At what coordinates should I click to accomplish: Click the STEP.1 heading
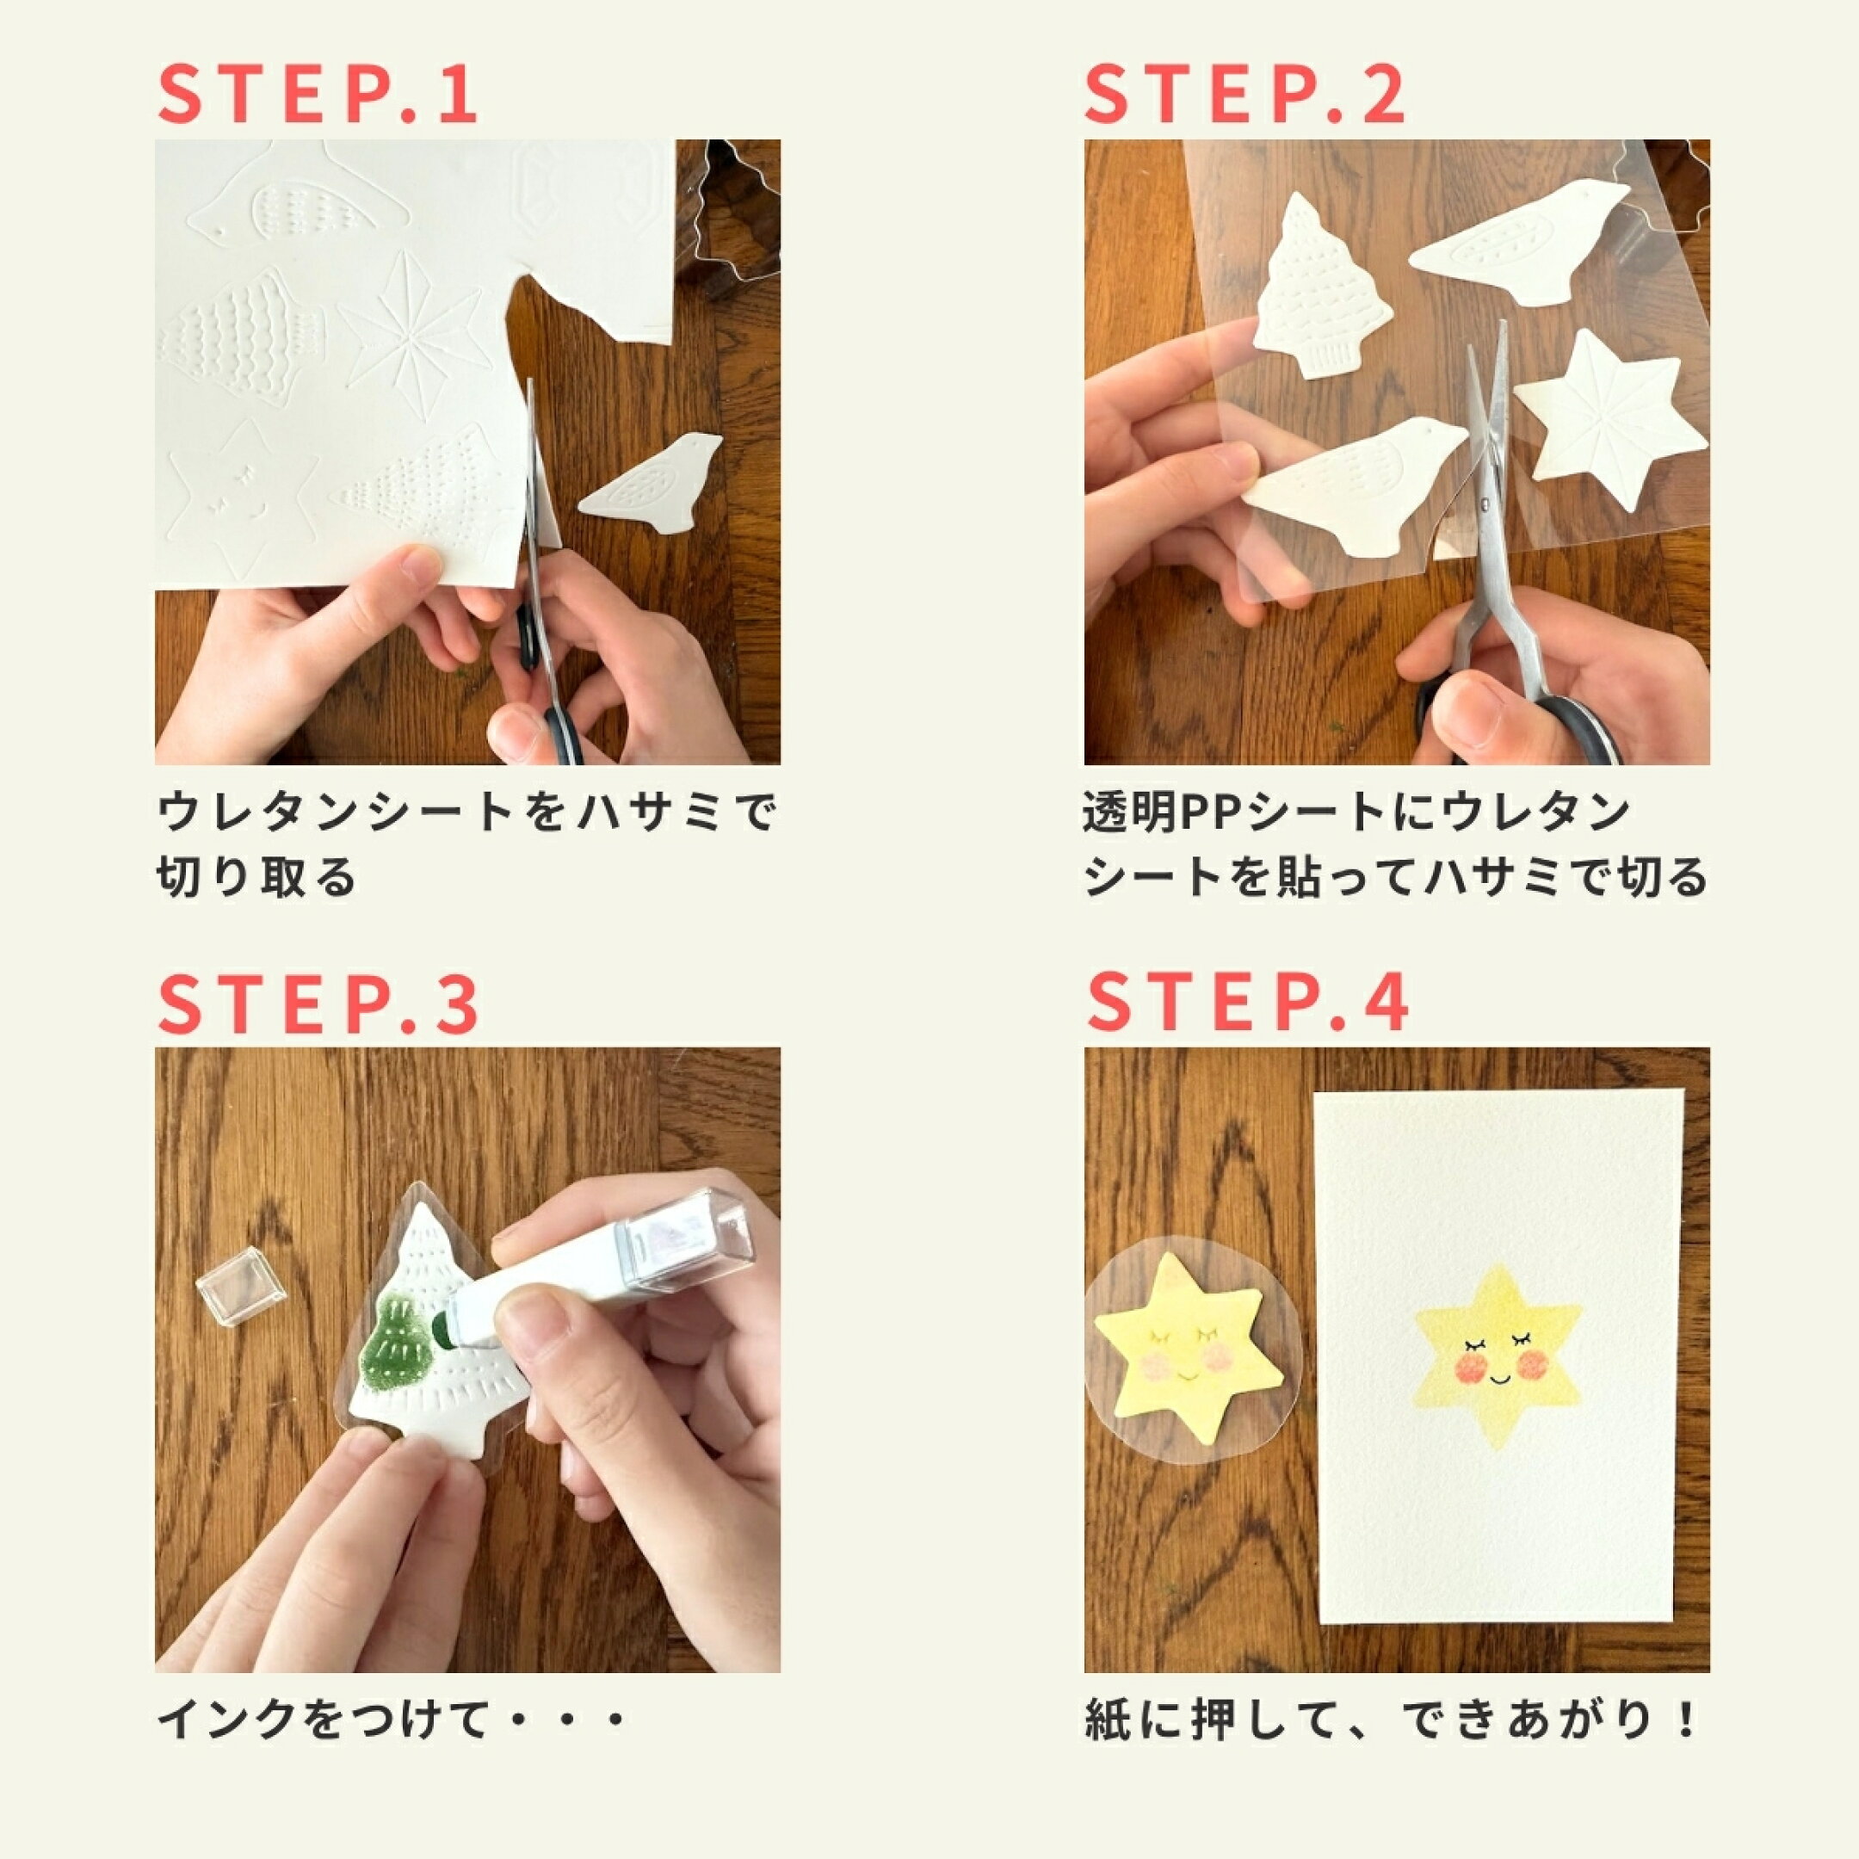[x=318, y=95]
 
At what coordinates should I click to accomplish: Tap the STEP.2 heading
[x=1246, y=95]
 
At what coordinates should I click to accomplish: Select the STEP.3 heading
[x=318, y=1004]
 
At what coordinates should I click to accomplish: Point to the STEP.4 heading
[x=1247, y=1004]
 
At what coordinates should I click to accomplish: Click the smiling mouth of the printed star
[x=1498, y=1379]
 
